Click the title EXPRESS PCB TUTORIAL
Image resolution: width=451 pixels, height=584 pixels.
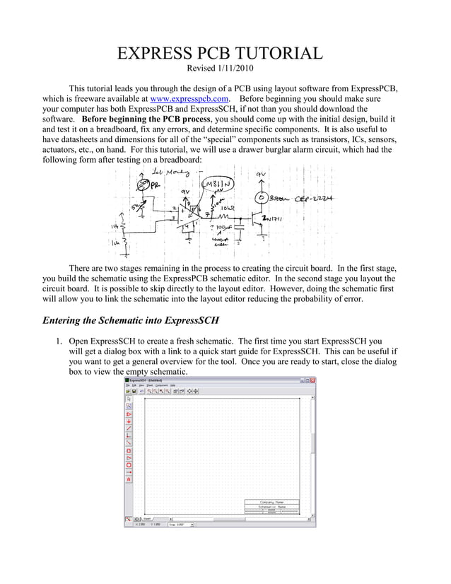(x=219, y=53)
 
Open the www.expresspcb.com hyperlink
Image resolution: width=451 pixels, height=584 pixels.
(x=189, y=99)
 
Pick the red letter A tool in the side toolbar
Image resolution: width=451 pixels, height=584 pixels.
(x=129, y=479)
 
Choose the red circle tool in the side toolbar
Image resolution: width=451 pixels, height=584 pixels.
(x=129, y=465)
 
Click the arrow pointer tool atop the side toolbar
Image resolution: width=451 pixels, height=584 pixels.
(x=129, y=399)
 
